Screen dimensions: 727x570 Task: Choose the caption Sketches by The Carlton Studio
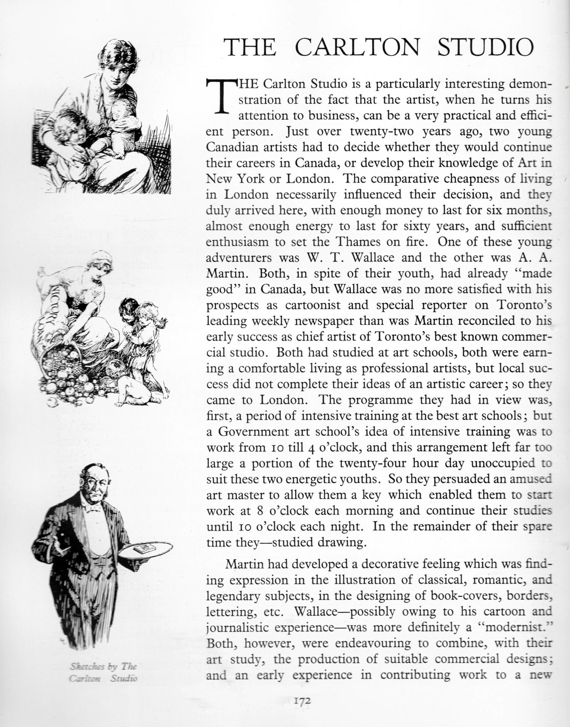[103, 672]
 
